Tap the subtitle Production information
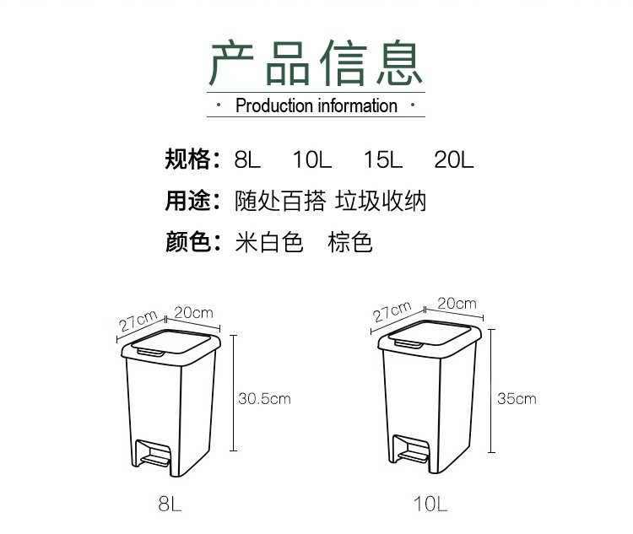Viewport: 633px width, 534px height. tap(316, 105)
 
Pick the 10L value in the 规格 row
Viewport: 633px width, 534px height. tap(313, 159)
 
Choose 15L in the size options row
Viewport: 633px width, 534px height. tap(383, 159)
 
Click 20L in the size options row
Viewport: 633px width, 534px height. tap(454, 159)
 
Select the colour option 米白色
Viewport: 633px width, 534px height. tap(268, 243)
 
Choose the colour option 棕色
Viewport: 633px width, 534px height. tap(350, 243)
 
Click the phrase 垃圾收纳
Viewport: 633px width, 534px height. tap(381, 201)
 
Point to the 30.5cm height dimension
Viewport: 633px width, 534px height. tap(264, 398)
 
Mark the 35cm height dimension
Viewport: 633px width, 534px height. tap(517, 398)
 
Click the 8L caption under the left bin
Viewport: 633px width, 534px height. tap(170, 504)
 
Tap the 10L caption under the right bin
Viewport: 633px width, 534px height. tap(430, 504)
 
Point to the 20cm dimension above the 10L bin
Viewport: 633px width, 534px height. tap(457, 304)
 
